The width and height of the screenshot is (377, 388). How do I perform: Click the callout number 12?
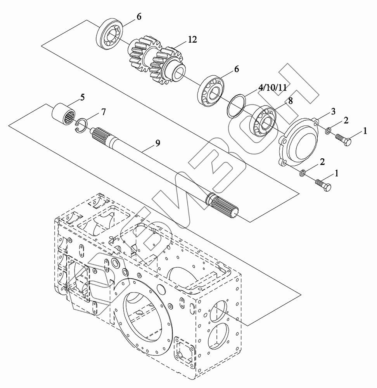click(x=192, y=39)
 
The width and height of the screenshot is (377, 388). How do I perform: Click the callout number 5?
click(x=82, y=97)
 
